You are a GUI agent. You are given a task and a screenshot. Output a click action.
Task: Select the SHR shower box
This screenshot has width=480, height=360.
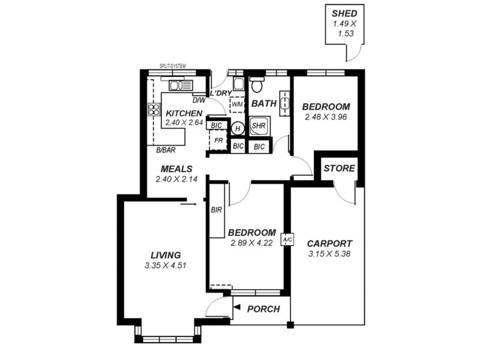[x=259, y=127]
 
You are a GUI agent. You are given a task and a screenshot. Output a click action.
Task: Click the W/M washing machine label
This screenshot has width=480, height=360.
[x=237, y=104]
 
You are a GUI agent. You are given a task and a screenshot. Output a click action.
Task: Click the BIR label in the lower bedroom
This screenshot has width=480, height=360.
[x=217, y=210]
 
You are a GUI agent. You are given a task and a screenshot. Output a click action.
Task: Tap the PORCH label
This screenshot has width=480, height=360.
[x=263, y=309]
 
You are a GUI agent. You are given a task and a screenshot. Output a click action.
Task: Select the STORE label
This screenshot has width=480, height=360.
[x=339, y=169]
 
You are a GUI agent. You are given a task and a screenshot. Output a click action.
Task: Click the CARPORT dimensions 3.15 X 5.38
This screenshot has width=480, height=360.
[x=329, y=254]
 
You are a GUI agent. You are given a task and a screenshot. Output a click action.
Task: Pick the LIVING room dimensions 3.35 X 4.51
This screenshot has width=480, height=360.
[x=166, y=265]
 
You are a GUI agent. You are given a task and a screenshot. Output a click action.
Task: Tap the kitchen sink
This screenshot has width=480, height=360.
[x=180, y=85]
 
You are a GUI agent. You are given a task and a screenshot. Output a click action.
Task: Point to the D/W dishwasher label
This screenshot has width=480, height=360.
[x=199, y=100]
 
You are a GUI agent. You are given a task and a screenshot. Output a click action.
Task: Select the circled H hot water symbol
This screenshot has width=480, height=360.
[x=238, y=128]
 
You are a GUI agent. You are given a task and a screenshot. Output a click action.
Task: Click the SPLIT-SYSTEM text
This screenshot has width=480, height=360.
[x=172, y=66]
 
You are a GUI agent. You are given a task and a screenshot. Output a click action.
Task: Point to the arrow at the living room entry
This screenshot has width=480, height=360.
[x=188, y=204]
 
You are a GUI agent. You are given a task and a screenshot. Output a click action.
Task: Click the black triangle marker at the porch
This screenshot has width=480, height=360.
[x=236, y=308]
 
